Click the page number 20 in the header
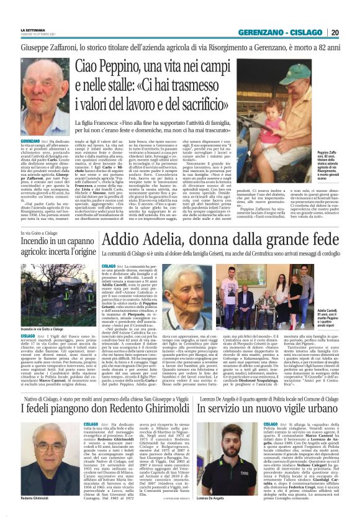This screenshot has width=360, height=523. coord(352,32)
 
